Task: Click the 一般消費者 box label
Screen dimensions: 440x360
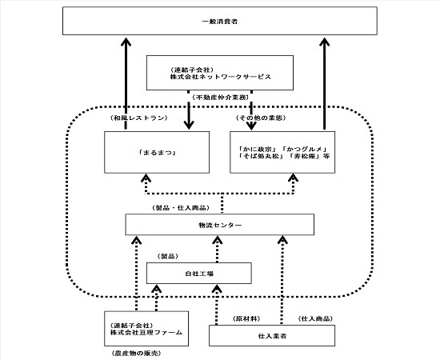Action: click(220, 22)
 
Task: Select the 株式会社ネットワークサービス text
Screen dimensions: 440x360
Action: click(221, 77)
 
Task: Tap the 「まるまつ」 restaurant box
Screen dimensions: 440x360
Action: click(157, 152)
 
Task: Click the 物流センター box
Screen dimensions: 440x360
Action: click(220, 225)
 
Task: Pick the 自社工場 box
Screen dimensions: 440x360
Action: click(199, 273)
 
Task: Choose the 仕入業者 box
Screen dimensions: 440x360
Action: click(272, 335)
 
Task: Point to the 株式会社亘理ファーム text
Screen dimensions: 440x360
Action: click(146, 333)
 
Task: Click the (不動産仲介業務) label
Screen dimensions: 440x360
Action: click(220, 98)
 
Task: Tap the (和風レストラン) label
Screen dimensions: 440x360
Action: click(138, 118)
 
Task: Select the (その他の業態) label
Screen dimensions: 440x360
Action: click(261, 118)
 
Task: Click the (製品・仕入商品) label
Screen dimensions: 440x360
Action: click(181, 208)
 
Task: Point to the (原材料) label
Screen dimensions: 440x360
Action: click(246, 318)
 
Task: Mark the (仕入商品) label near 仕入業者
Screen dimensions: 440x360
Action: click(315, 318)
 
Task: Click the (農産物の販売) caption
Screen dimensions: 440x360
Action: click(136, 353)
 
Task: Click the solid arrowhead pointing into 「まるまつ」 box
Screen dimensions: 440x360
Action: click(189, 125)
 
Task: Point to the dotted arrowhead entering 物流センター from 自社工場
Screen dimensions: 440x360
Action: click(218, 240)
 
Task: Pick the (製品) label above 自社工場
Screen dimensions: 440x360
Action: click(168, 256)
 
